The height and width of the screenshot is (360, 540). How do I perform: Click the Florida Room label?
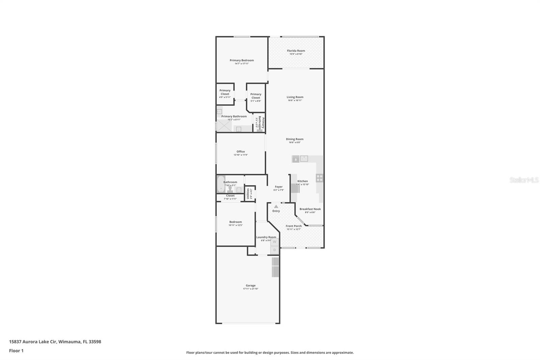[x=296, y=51]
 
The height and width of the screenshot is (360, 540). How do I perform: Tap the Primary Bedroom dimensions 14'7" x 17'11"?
[x=242, y=64]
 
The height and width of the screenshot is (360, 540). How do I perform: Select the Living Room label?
[x=295, y=97]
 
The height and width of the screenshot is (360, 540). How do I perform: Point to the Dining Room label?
[x=295, y=139]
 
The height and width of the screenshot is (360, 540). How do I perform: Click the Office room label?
[x=241, y=152]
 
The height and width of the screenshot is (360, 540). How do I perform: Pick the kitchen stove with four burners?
[x=319, y=178]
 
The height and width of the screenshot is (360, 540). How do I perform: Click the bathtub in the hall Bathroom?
[x=220, y=184]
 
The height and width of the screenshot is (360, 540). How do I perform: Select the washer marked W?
[x=274, y=242]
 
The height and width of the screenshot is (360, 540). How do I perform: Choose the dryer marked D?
[x=274, y=250]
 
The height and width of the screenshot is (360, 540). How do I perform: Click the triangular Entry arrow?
[x=276, y=206]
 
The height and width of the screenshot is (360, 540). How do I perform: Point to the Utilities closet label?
[x=248, y=194]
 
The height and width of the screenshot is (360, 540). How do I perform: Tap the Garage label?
[x=250, y=285]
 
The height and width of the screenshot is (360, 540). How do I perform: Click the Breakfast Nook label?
[x=310, y=209]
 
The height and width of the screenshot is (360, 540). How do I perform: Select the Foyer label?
[x=279, y=187]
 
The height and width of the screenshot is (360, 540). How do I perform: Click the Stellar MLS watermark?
[x=524, y=180]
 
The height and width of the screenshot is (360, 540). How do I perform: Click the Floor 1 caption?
[x=16, y=351]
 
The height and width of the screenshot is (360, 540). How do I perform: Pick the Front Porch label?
[x=294, y=226]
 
